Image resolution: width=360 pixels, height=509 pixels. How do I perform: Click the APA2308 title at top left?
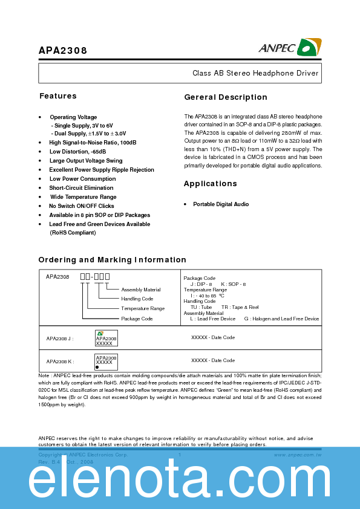pyautogui.click(x=63, y=51)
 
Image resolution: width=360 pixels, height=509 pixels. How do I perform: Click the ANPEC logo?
pyautogui.click(x=290, y=48)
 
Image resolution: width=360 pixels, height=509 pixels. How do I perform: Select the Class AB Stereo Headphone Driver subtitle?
pyautogui.click(x=255, y=73)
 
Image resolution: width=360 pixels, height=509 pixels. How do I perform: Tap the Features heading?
pyautogui.click(x=58, y=96)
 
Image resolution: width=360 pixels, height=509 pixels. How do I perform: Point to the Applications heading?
pyautogui.click(x=211, y=184)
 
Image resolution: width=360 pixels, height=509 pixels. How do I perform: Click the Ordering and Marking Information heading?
pyautogui.click(x=113, y=260)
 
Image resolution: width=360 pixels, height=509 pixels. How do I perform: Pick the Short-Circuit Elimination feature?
pyautogui.click(x=81, y=188)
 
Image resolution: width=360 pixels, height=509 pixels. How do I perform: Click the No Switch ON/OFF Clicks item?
pyautogui.click(x=82, y=206)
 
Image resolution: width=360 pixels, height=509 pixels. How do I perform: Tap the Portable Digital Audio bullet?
pyautogui.click(x=221, y=204)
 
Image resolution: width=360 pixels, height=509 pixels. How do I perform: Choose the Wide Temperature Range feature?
pyautogui.click(x=83, y=197)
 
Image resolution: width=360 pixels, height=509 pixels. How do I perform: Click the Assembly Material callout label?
pyautogui.click(x=141, y=290)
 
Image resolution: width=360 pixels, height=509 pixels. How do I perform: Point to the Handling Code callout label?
pyautogui.click(x=137, y=299)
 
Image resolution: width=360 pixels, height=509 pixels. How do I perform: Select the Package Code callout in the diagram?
pyautogui.click(x=137, y=319)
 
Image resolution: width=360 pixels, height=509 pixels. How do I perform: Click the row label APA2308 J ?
pyautogui.click(x=60, y=339)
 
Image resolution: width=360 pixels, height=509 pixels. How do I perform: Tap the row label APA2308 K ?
pyautogui.click(x=60, y=361)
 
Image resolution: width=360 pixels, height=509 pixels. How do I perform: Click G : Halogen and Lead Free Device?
pyautogui.click(x=281, y=319)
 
